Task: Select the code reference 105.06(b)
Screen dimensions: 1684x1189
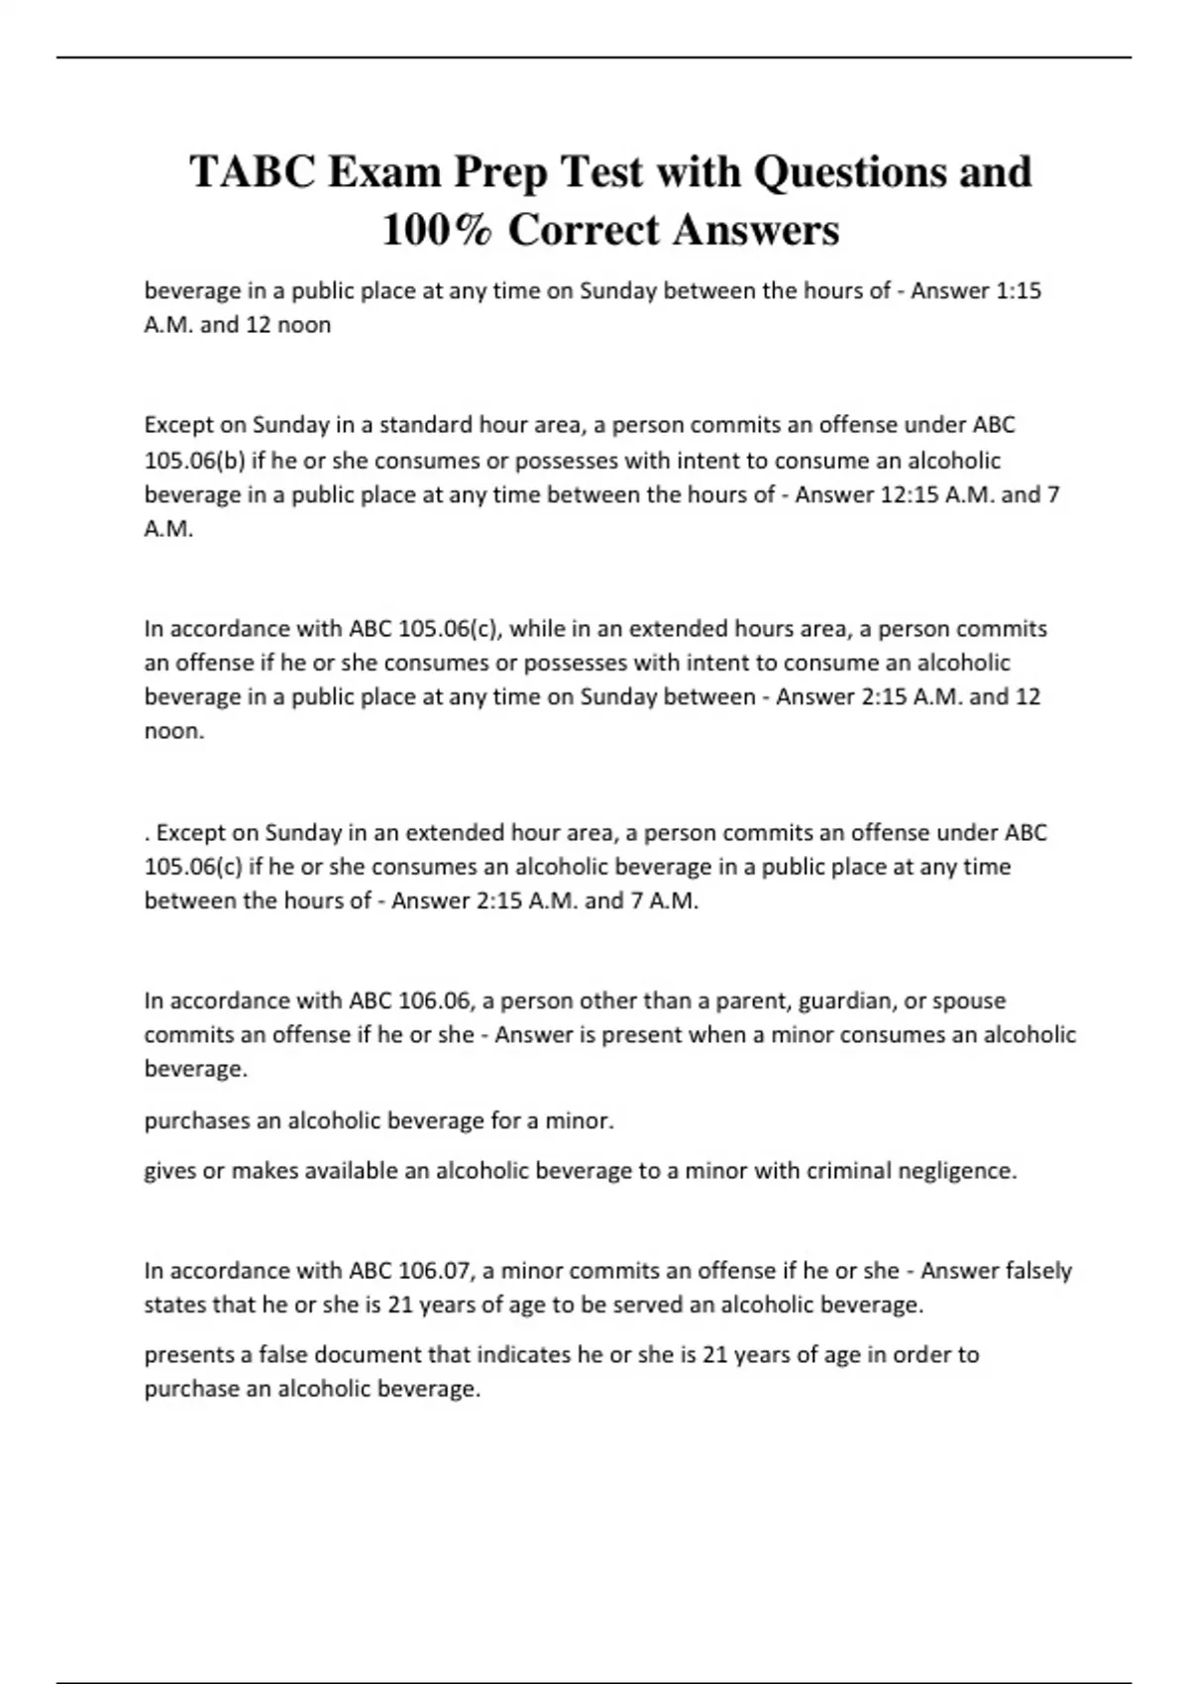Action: point(194,461)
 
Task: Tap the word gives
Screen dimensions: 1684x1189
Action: point(169,1171)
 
